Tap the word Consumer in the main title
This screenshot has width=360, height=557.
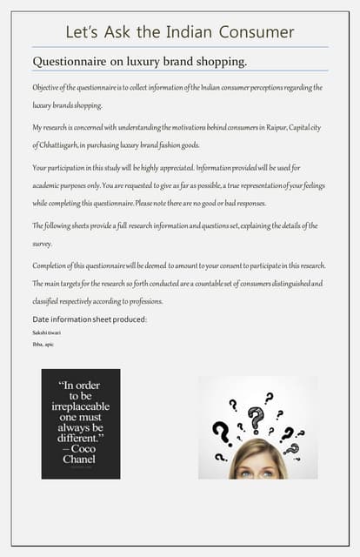[x=257, y=33]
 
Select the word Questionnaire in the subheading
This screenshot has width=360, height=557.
[x=70, y=62]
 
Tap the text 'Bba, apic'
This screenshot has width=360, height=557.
[x=43, y=345]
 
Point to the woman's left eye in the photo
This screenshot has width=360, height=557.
[x=269, y=473]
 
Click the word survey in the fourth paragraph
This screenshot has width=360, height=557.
[x=43, y=245]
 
